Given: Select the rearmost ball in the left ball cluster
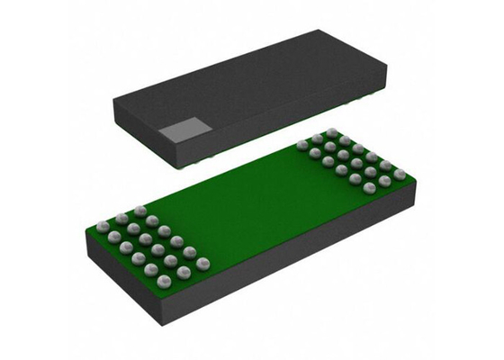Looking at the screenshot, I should [139, 211].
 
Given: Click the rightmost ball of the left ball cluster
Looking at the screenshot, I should [203, 263].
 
